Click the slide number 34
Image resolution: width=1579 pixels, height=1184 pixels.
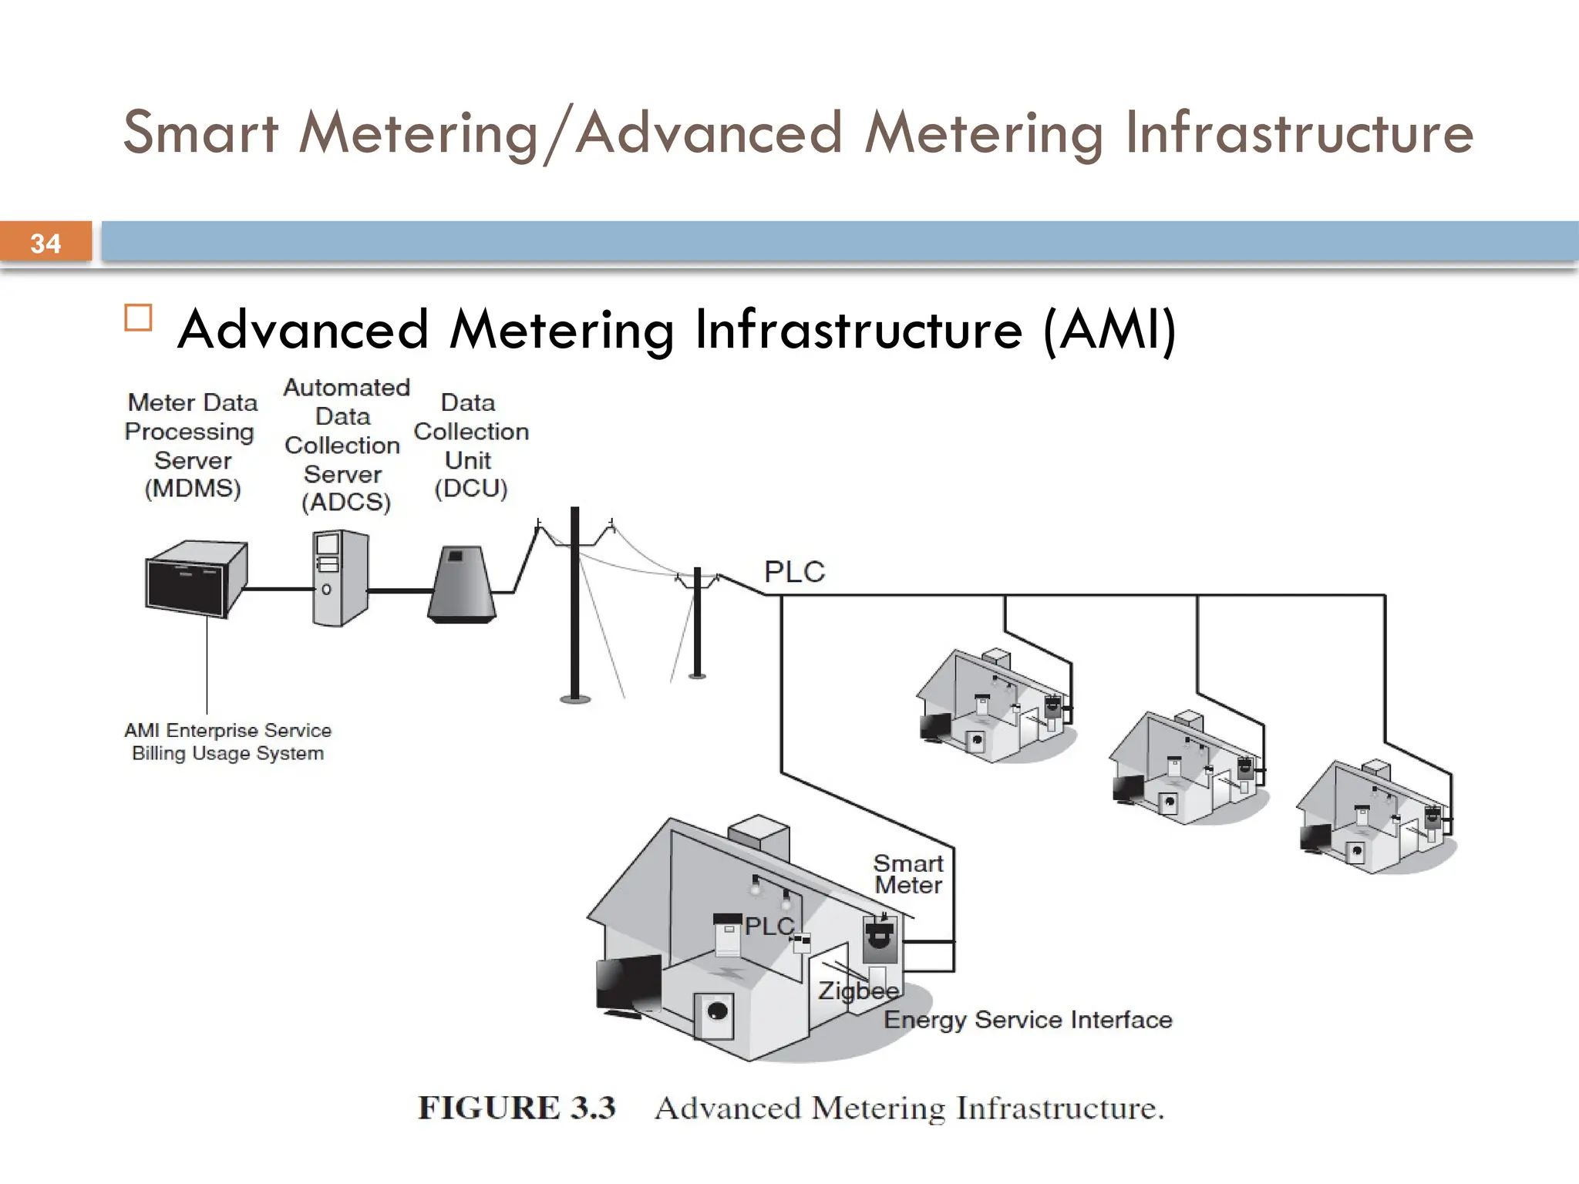(45, 244)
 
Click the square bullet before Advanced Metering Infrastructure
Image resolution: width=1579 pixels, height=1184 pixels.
(138, 318)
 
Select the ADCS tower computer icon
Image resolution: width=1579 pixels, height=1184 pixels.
(339, 578)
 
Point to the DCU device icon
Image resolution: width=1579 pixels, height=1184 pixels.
(462, 584)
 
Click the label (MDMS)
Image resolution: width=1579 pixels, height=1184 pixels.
(193, 489)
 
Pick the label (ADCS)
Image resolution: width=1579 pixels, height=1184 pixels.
(346, 503)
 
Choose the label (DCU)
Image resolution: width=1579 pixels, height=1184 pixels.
(471, 489)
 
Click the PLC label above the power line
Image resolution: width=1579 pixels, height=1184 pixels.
(794, 572)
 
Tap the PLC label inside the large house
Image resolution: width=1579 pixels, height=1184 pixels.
(769, 926)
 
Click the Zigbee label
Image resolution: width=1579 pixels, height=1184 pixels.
(858, 991)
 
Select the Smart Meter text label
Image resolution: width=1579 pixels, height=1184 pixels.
(908, 874)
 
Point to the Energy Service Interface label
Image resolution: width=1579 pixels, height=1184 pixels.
(1028, 1020)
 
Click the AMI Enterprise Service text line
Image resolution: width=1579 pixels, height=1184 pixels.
(227, 730)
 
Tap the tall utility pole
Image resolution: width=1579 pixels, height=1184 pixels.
(574, 605)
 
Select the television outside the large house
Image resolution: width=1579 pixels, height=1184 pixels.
(628, 984)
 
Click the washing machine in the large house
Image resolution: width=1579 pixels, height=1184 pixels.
(714, 1014)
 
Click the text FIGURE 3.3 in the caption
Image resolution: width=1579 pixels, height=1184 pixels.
(517, 1108)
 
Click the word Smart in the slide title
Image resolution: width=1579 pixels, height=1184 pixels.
(200, 133)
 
